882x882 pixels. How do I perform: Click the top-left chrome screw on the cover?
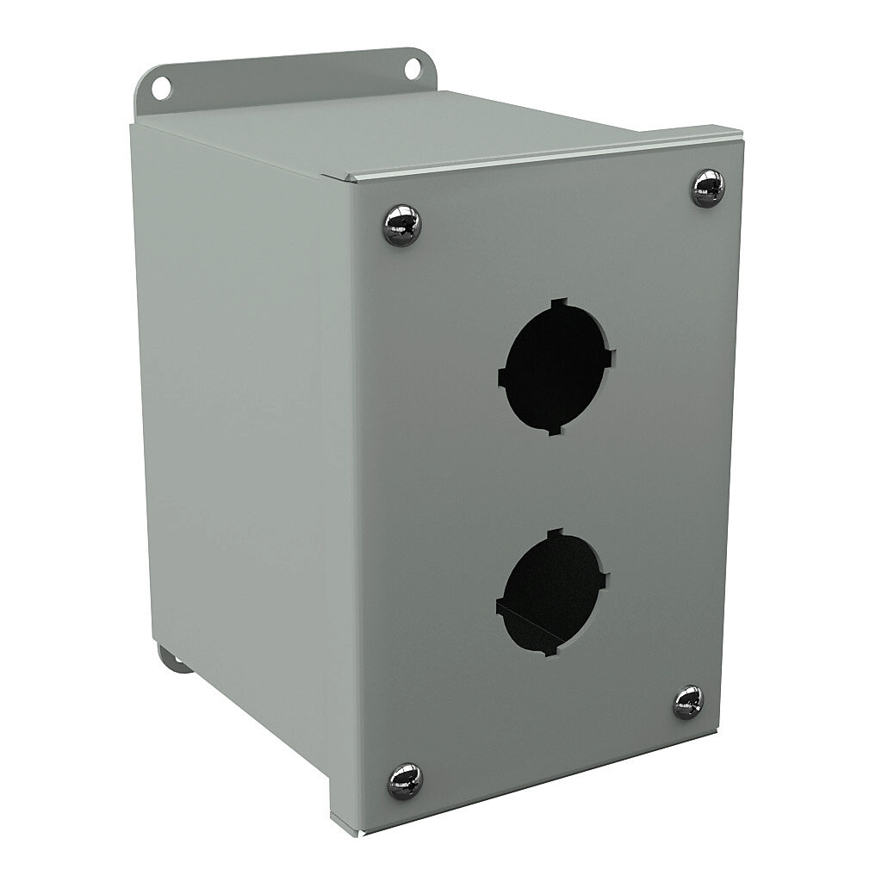(401, 225)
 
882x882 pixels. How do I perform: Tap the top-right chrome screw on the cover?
(708, 188)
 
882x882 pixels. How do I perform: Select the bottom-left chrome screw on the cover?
(405, 780)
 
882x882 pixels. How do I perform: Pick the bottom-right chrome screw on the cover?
(688, 702)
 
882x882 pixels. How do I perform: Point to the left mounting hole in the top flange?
(161, 86)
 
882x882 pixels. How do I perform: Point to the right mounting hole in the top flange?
(413, 68)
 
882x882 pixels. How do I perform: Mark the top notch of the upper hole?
(560, 304)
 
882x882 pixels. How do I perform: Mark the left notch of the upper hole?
(503, 376)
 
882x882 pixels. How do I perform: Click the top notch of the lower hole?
(556, 534)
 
